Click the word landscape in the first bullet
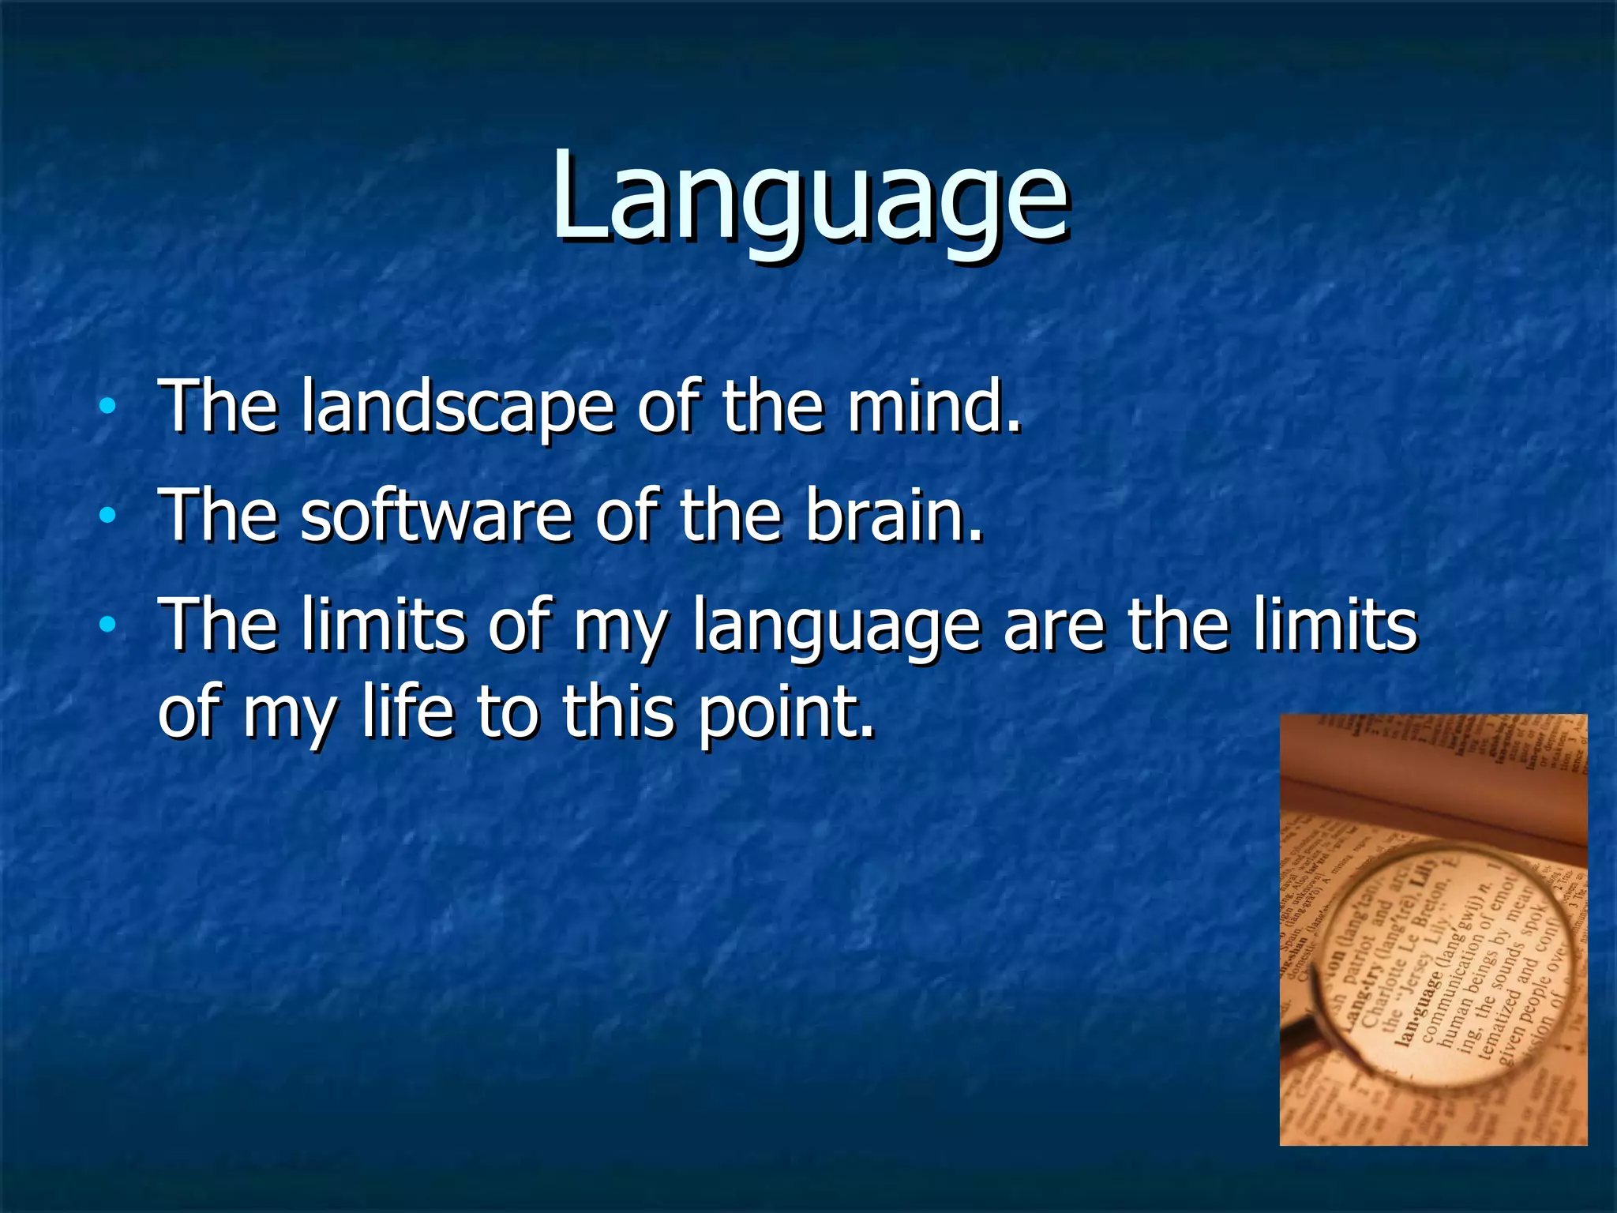pyautogui.click(x=456, y=407)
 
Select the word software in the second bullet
pyautogui.click(x=435, y=515)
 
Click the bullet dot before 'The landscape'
pyautogui.click(x=107, y=408)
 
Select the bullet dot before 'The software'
pyautogui.click(x=107, y=516)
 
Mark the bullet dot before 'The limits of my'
pyautogui.click(x=107, y=626)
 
